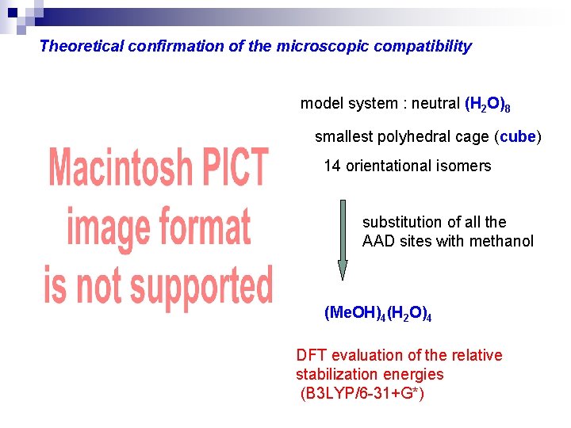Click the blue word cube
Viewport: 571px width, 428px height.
tap(518, 136)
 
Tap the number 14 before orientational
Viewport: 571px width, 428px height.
tap(331, 166)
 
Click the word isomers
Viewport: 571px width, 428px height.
tap(463, 166)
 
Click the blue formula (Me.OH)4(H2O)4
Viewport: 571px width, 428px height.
tap(377, 313)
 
